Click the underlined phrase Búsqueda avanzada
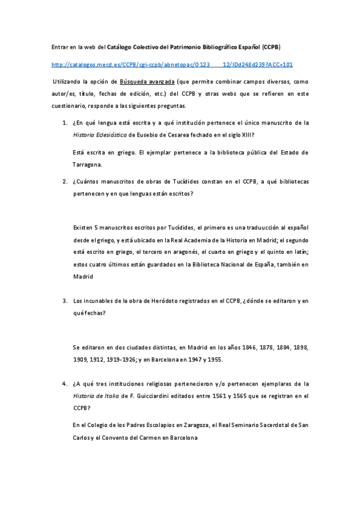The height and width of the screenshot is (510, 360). click(x=147, y=81)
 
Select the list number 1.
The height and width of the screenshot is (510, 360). click(x=64, y=122)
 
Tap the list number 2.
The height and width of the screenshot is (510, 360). click(x=64, y=181)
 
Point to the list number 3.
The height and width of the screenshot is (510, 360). click(x=64, y=300)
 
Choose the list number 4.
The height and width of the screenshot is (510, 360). click(x=64, y=382)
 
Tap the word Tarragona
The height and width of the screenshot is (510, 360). click(x=88, y=164)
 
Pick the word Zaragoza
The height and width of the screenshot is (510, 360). click(x=193, y=425)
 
